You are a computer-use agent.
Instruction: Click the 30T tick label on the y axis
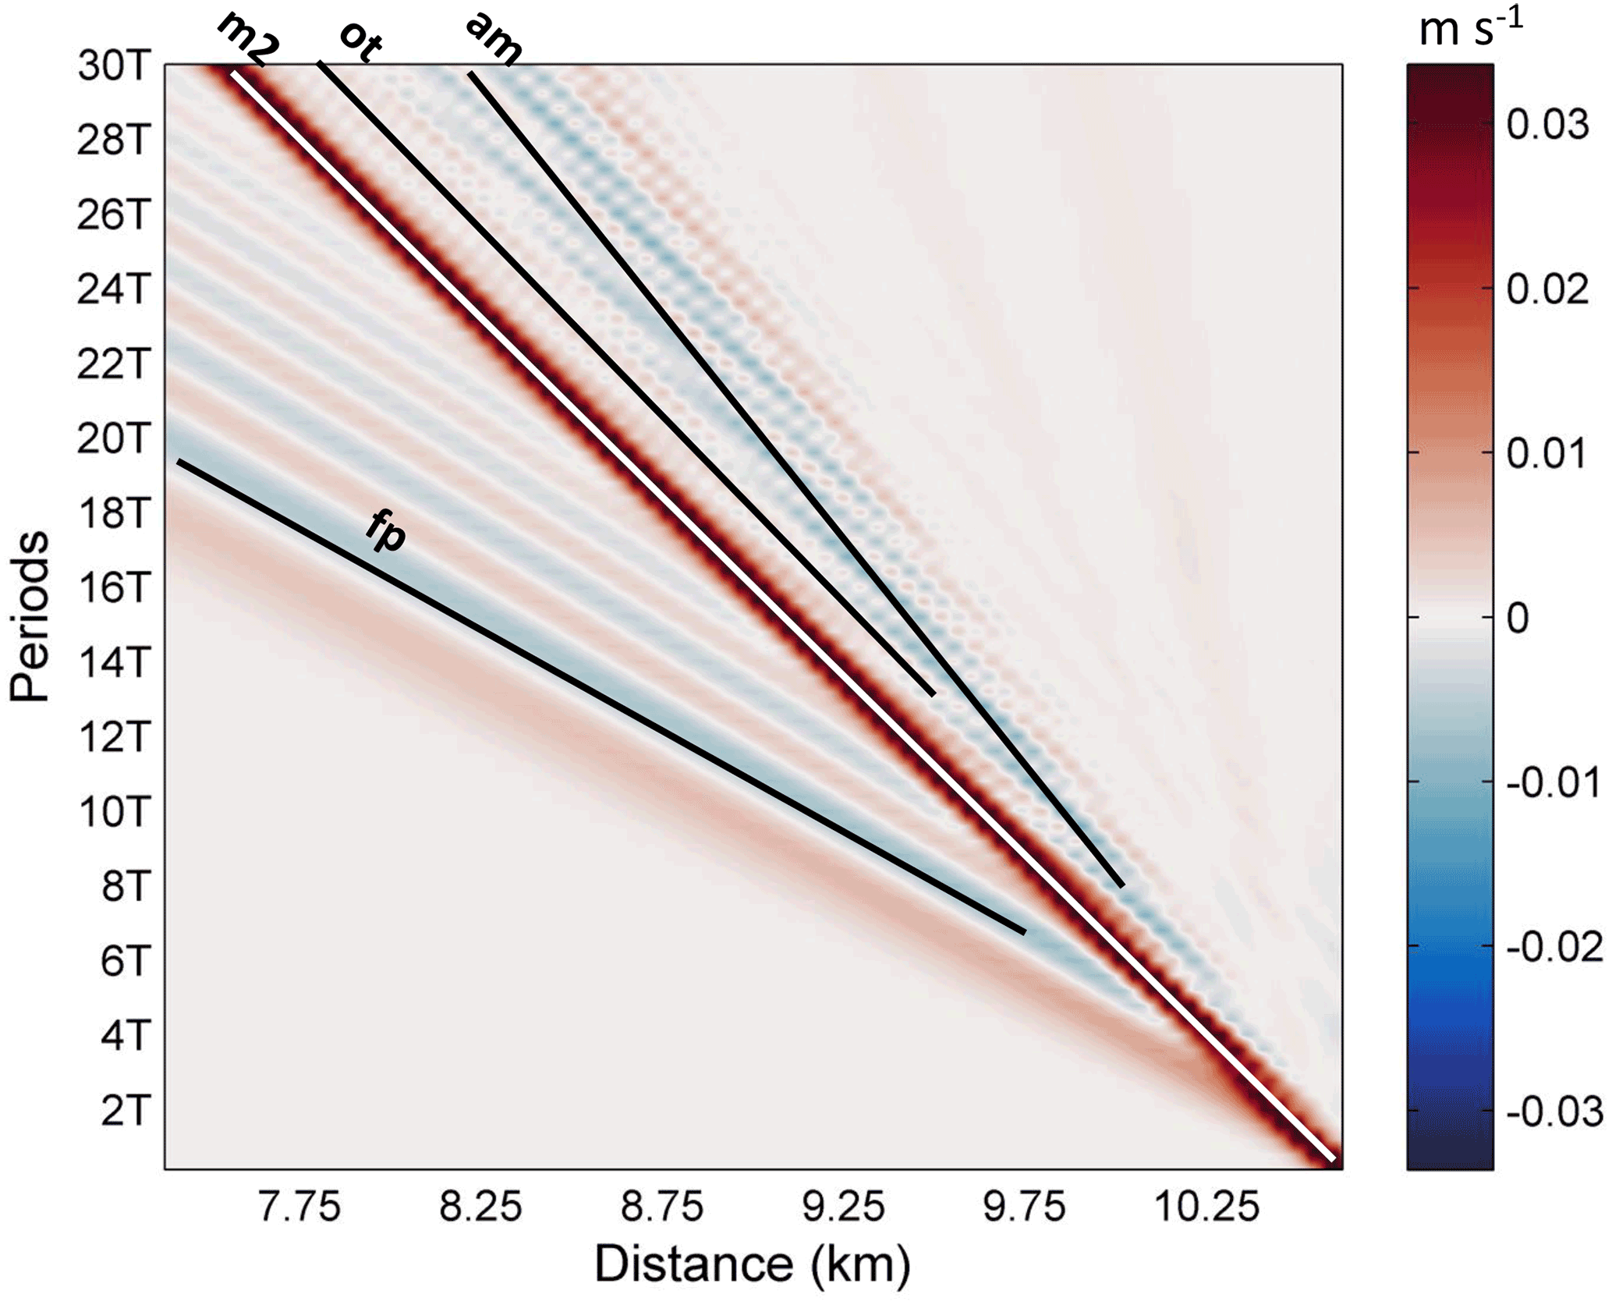point(112,67)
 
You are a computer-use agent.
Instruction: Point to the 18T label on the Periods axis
point(112,513)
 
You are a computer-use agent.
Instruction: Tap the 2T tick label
point(123,1110)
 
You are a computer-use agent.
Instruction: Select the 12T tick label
point(112,737)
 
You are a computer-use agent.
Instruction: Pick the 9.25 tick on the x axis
point(844,1207)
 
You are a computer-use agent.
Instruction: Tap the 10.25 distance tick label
point(1206,1207)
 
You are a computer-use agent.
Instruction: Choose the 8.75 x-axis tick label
point(662,1207)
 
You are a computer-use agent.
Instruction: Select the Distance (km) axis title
point(753,1264)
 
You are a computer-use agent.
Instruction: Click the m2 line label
point(247,39)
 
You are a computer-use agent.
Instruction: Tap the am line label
point(493,39)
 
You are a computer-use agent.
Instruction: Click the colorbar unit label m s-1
point(1470,30)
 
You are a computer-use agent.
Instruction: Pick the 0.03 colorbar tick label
point(1547,125)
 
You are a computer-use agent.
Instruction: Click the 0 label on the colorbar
point(1517,619)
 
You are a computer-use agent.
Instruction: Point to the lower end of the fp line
point(1023,931)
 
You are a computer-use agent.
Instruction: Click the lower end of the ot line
point(933,693)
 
